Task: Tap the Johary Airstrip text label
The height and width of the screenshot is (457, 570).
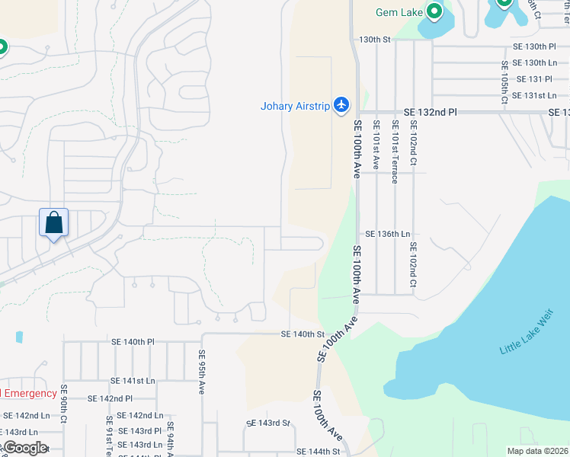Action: [296, 106]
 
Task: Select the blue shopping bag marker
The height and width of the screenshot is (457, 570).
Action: [54, 223]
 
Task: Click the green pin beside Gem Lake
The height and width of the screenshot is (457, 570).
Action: [434, 11]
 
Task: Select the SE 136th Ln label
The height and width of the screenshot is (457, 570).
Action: [387, 234]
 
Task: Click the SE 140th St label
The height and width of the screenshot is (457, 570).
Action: [303, 334]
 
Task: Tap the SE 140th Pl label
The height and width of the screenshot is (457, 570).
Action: [132, 342]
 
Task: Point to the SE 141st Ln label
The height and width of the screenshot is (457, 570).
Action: [132, 380]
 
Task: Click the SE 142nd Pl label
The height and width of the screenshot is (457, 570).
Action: [110, 398]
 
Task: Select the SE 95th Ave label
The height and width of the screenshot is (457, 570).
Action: [202, 372]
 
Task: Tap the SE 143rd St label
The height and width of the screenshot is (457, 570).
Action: [268, 423]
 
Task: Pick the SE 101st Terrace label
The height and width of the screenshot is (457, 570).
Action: [394, 151]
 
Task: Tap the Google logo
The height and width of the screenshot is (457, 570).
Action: [24, 448]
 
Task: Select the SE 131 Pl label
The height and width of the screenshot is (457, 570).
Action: [534, 79]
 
